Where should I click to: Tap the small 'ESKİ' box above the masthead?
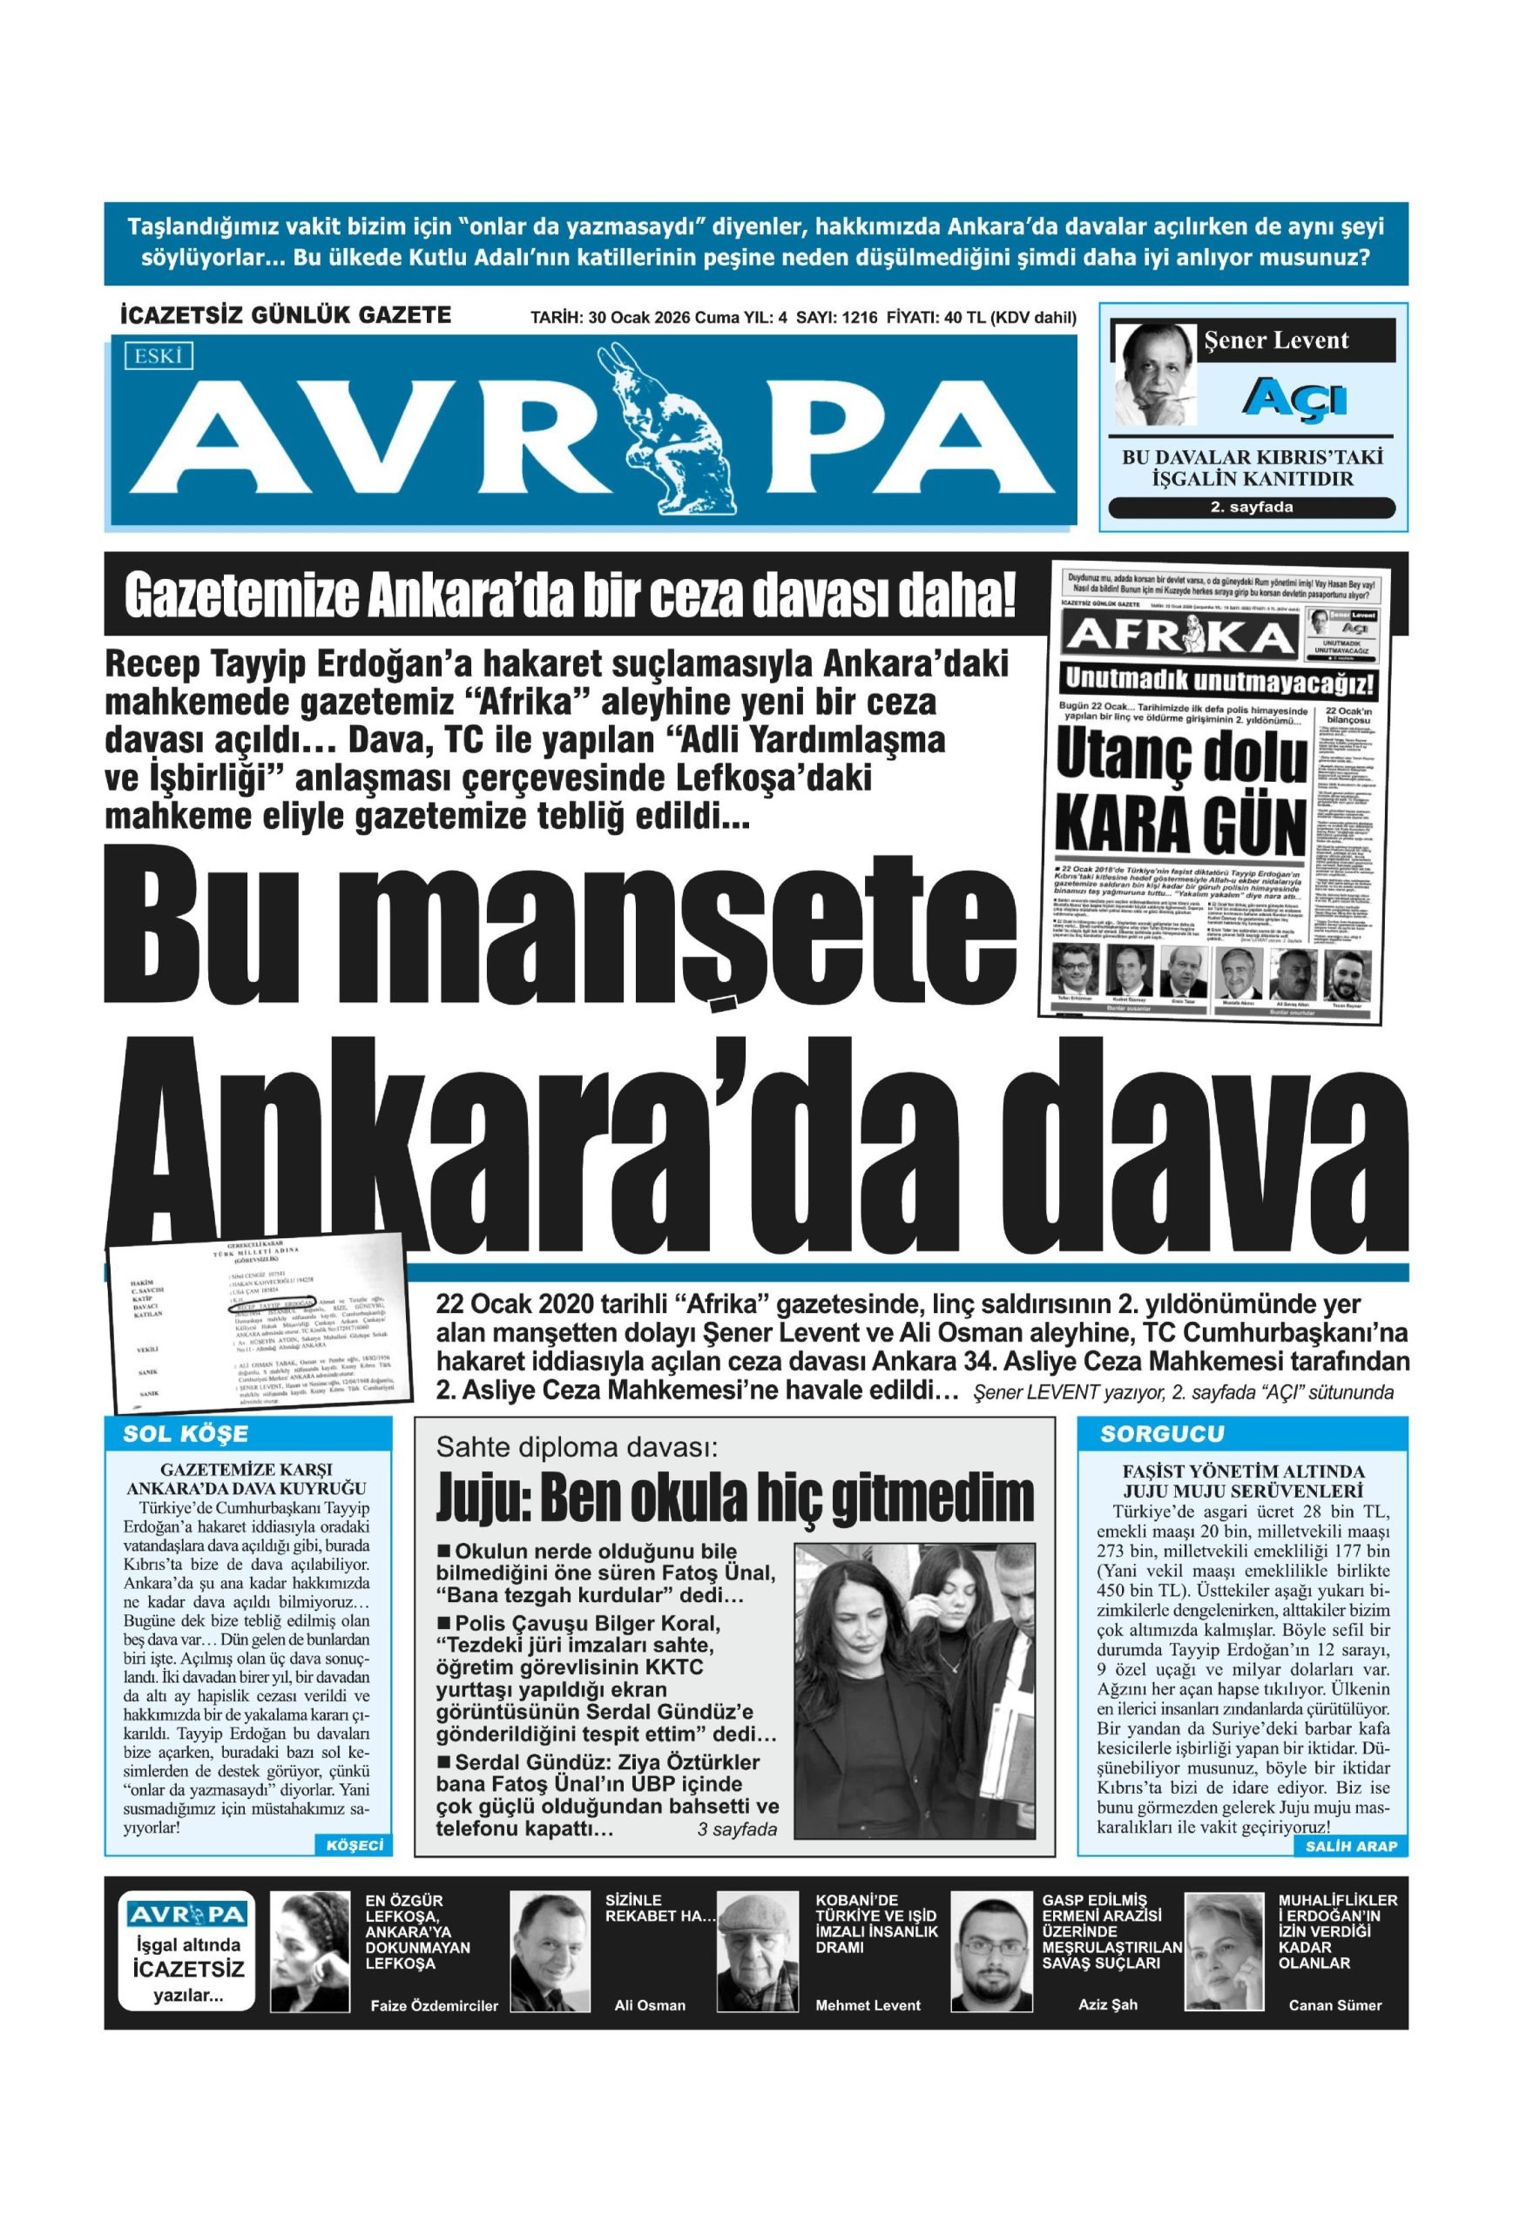pos(159,357)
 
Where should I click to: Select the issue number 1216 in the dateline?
pos(859,319)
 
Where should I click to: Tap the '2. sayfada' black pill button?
pos(1251,508)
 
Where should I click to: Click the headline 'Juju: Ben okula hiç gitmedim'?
pos(735,1498)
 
